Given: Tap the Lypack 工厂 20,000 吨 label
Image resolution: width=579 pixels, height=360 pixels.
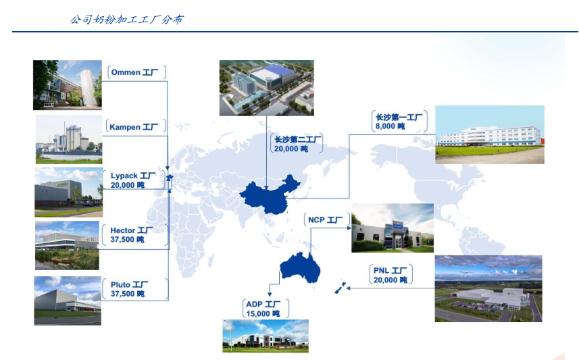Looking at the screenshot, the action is (x=133, y=180).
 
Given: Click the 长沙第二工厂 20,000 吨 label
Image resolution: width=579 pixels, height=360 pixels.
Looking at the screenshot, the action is (x=297, y=144).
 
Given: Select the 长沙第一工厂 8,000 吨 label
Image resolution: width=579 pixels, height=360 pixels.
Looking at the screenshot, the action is (x=399, y=122).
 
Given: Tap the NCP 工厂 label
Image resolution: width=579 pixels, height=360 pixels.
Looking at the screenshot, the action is (x=326, y=220).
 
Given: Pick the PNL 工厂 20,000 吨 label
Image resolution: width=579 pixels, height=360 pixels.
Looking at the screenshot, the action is (x=391, y=276).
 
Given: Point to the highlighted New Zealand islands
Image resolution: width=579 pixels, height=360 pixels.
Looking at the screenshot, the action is (x=340, y=288).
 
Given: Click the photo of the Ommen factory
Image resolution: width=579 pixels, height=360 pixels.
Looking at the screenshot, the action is (x=67, y=85).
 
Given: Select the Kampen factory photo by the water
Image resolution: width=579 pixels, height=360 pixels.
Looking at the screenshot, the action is (x=69, y=139).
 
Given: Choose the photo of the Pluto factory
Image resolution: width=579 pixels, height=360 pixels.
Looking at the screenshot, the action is (x=68, y=301).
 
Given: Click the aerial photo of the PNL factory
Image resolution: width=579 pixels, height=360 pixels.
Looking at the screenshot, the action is (x=488, y=288).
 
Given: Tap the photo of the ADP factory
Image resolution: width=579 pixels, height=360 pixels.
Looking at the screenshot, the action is (x=266, y=336).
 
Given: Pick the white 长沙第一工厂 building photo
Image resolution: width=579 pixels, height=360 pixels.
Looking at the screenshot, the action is (x=490, y=134).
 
